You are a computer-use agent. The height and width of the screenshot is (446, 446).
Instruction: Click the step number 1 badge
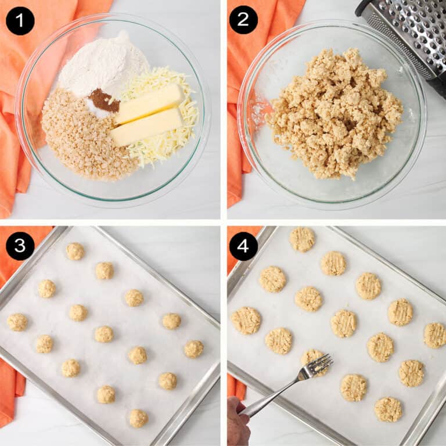pos(20,20)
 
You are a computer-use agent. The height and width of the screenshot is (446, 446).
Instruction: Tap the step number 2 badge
pos(243,20)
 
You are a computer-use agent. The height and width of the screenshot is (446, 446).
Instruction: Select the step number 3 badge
pos(20,246)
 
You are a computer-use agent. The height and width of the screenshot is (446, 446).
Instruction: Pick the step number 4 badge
pos(243,246)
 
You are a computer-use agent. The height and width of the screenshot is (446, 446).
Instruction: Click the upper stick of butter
pos(150,103)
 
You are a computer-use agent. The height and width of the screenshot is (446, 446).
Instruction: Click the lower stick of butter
pos(146,127)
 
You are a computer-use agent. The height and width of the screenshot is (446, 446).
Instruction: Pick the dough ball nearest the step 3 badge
pos(75,251)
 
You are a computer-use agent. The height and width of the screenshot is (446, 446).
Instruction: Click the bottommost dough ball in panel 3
pos(138,418)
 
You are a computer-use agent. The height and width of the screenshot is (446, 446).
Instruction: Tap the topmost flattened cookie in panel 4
pos(302,239)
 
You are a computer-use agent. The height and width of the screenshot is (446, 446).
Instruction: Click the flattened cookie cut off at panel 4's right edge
pos(435,335)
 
